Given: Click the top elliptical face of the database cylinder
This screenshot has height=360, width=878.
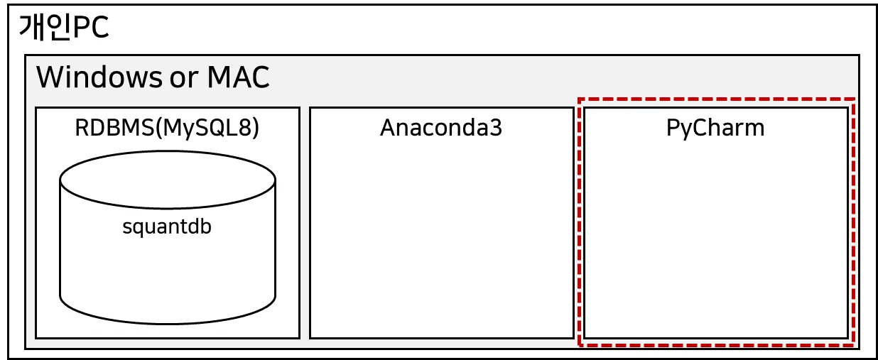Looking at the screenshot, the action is tap(168, 180).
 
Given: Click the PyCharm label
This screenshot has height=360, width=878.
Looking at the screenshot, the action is tap(716, 128).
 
